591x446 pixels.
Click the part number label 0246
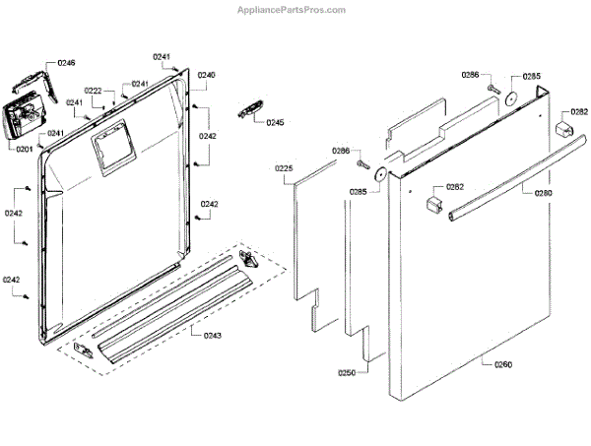pyautogui.click(x=66, y=63)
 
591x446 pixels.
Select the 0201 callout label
pyautogui.click(x=24, y=149)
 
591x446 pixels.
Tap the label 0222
pyautogui.click(x=94, y=91)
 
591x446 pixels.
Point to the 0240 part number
pyautogui.click(x=207, y=76)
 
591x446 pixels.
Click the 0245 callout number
pyautogui.click(x=275, y=123)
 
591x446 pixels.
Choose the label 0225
pyautogui.click(x=284, y=169)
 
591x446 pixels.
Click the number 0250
pyautogui.click(x=347, y=372)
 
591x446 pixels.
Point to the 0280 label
pyautogui.click(x=543, y=193)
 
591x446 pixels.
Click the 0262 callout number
pyautogui.click(x=455, y=187)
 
